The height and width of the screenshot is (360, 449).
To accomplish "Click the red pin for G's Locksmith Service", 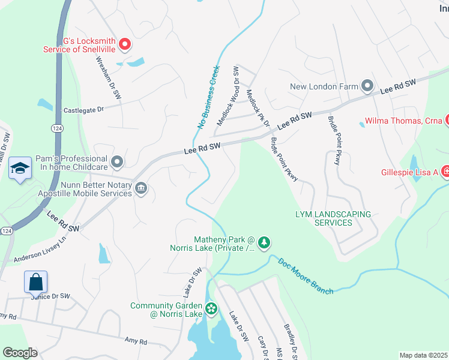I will pos(125,43).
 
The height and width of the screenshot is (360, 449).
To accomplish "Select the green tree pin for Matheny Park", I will pos(264,244).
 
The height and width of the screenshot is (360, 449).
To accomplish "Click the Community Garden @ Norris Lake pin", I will pos(211,310).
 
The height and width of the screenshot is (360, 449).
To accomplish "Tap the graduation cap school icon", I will pos(20,170).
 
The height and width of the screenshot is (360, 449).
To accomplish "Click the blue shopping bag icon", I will pos(35,281).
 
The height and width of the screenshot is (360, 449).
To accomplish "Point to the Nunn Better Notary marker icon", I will pos(140,189).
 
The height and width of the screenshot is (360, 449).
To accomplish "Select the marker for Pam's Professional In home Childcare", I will pos(118,161).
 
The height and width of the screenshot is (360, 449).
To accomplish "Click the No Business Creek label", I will pos(208,97).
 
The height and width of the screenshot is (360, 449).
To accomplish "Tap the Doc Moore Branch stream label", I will pos(305,275).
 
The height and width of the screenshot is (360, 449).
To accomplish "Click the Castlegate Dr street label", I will pos(84,110).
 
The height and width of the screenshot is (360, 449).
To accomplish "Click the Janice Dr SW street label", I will pos(50,296).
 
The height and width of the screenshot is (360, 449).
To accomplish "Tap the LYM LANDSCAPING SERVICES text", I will pos(333,218).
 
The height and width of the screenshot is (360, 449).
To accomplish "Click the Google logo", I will pos(19,353).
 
